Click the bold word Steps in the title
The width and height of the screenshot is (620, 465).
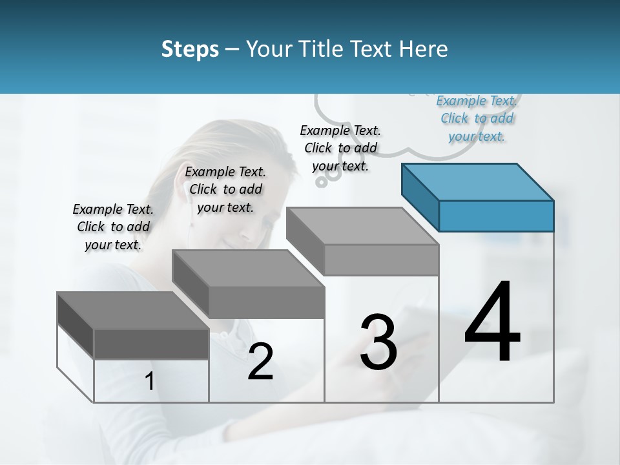190,49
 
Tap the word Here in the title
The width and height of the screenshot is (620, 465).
421,49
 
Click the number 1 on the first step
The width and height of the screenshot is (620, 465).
150,382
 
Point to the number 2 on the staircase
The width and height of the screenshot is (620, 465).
260,362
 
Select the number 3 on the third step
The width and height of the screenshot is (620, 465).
378,342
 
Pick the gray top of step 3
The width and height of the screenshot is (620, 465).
362,226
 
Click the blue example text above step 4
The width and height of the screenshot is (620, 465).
477,118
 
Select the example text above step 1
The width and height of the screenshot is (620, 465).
113,227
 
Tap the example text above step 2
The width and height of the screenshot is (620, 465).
225,189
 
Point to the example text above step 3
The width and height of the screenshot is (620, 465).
340,148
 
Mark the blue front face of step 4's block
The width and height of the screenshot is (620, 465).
496,216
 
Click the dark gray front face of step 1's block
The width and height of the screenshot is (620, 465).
151,344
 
